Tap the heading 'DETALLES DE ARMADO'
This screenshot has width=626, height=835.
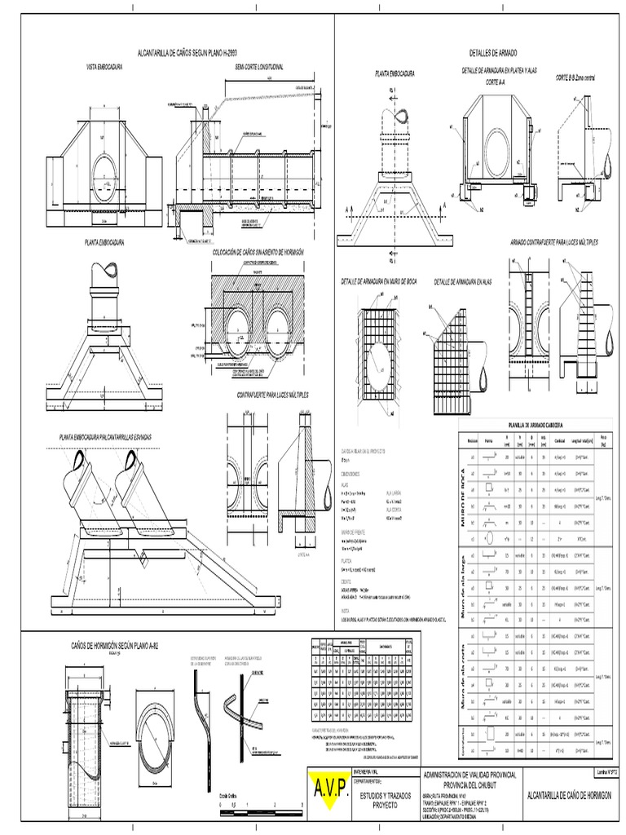487,51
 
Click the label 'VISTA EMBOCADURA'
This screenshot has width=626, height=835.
104,66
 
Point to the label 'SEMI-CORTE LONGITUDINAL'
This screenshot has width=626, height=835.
259,66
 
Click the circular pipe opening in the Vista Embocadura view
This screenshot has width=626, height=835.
104,178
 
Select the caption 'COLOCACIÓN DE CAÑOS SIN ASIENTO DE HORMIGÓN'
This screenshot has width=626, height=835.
258,253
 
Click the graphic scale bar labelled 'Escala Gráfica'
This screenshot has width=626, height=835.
252,810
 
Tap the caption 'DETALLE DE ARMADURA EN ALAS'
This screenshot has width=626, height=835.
463,281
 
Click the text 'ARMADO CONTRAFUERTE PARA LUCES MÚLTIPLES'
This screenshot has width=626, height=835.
554,243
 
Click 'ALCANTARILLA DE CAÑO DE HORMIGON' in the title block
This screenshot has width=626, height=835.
570,795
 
